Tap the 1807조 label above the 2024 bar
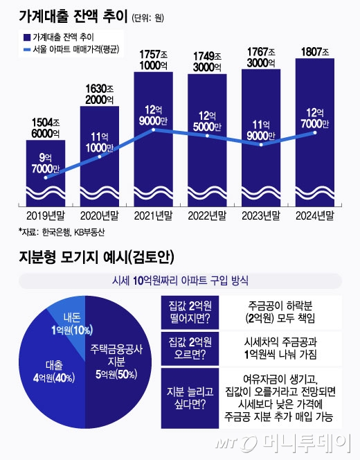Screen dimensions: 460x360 point(315,51)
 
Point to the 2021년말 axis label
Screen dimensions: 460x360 point(154,215)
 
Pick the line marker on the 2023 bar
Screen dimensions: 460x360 point(261,145)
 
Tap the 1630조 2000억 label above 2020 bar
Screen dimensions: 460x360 point(100,94)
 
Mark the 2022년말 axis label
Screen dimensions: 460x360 point(207,215)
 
